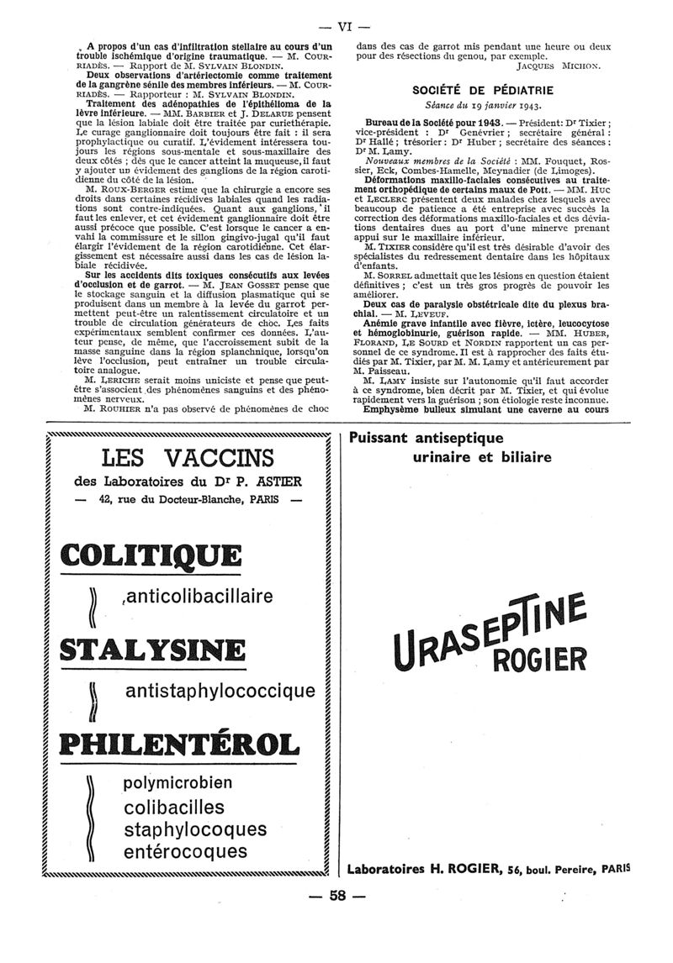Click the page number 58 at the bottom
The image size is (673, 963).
(338, 919)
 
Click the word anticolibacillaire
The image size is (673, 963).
(198, 596)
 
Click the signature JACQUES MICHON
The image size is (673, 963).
(559, 64)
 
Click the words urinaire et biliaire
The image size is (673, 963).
(482, 457)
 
